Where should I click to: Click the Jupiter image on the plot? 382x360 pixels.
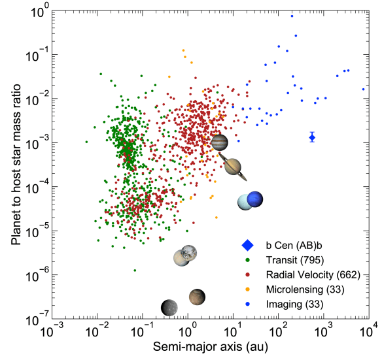point(220,143)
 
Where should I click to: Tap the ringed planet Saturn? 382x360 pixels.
point(234,167)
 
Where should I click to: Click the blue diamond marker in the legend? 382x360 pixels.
point(247,246)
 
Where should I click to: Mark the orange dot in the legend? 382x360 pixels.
point(247,289)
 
